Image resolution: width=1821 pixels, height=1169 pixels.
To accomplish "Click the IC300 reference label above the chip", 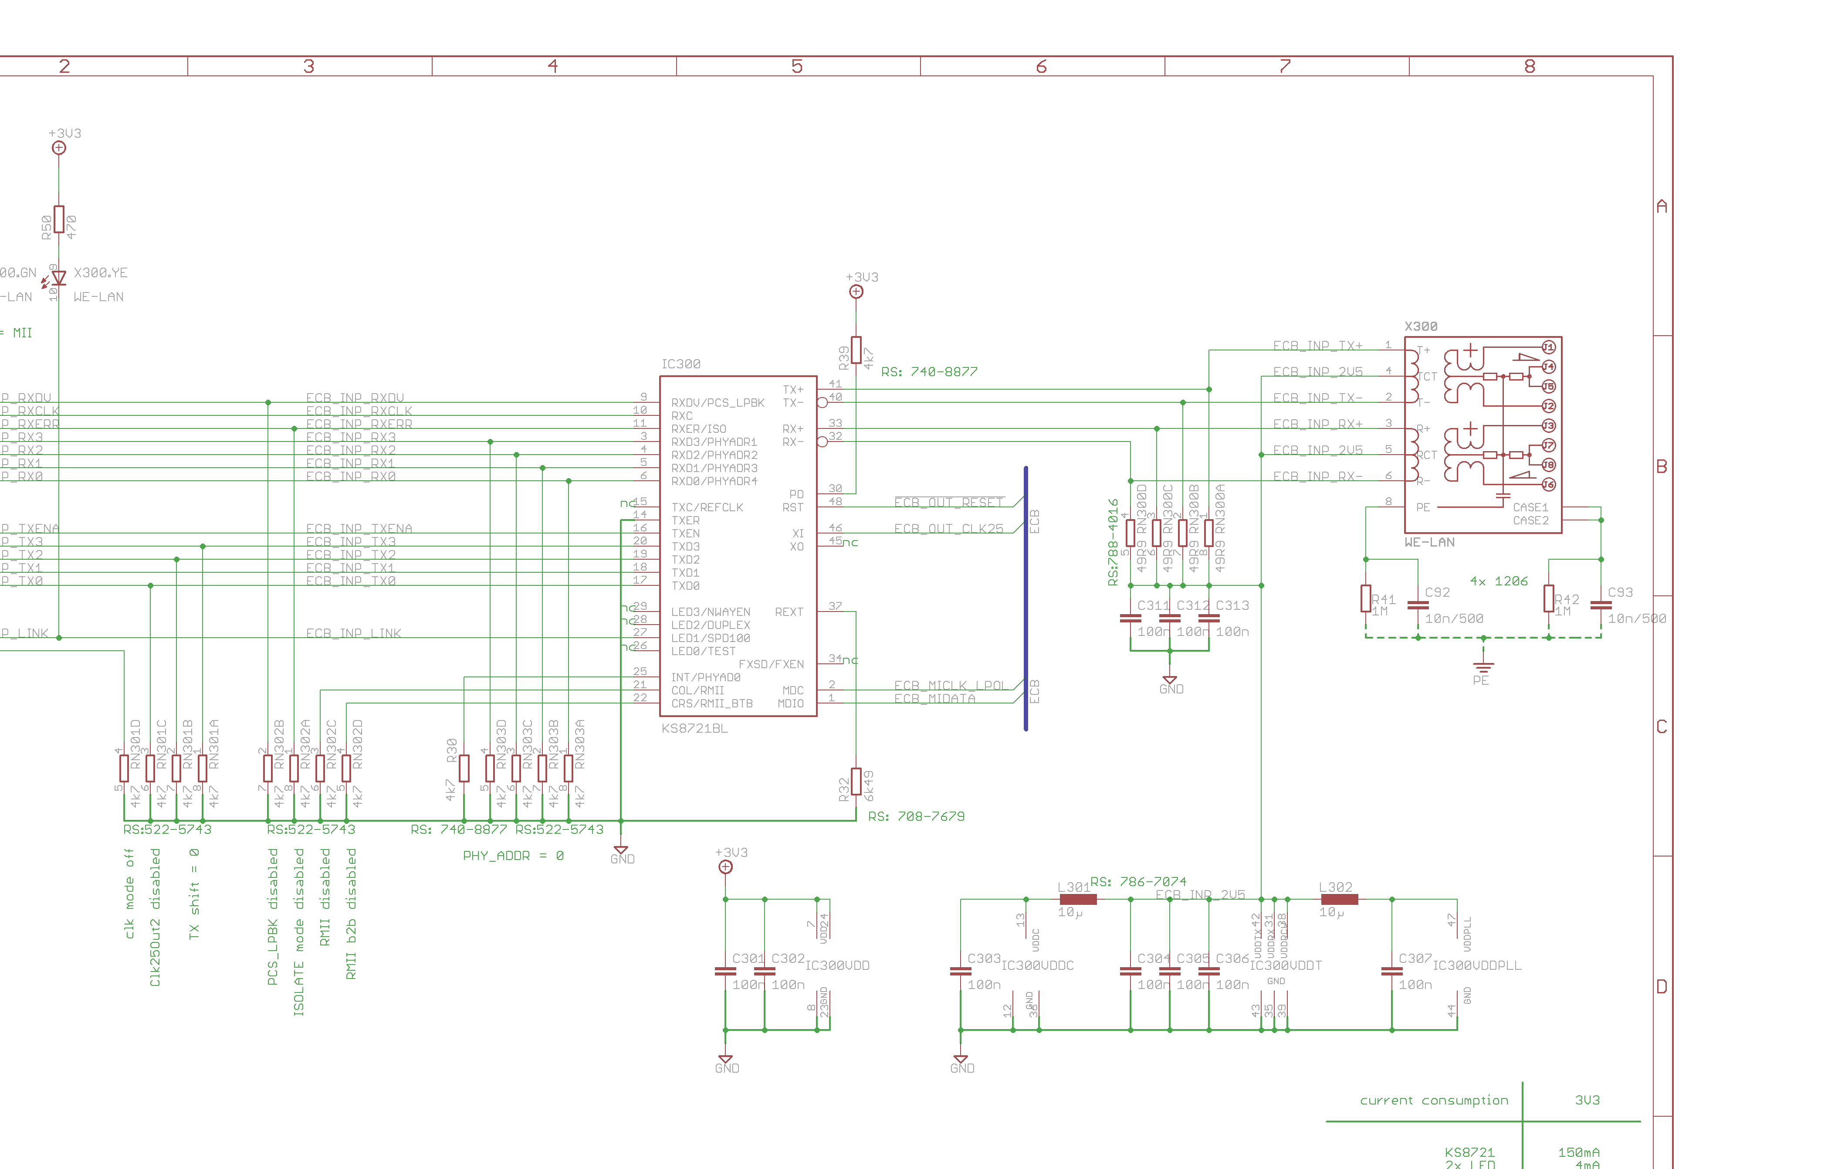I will point(680,364).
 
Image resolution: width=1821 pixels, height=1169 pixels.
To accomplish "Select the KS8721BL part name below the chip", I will point(694,729).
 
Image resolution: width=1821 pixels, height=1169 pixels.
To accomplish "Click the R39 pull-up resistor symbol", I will point(856,350).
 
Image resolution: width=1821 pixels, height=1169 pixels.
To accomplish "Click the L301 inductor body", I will point(1077,900).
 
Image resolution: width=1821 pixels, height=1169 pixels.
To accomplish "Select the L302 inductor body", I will point(1339,900).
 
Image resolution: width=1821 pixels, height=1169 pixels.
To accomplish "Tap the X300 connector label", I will point(1420,326).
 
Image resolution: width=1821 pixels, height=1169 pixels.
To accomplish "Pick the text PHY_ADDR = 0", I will point(513,856).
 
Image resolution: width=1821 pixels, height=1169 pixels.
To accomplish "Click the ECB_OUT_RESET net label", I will point(948,503).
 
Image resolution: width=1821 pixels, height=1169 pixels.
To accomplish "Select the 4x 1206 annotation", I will point(1499,581).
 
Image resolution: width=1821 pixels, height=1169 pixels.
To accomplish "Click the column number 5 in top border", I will point(797,67).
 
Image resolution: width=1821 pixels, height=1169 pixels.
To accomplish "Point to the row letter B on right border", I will point(1662,466).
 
